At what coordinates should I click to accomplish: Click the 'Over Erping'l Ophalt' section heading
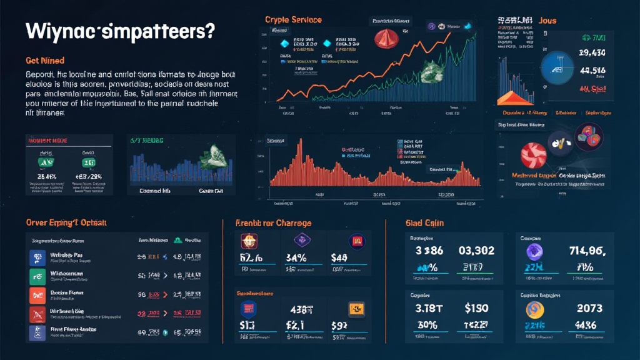tap(66, 222)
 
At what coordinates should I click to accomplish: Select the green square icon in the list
tap(35, 276)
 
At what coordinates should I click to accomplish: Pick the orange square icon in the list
tap(35, 296)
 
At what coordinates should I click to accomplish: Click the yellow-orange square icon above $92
tap(355, 307)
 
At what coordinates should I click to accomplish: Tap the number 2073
tap(589, 307)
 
